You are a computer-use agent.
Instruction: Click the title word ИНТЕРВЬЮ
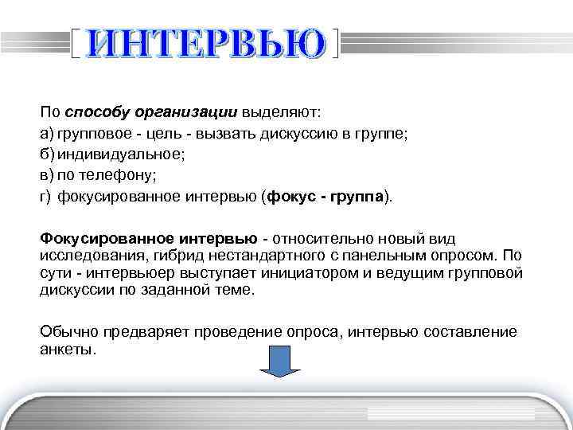pyautogui.click(x=206, y=44)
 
